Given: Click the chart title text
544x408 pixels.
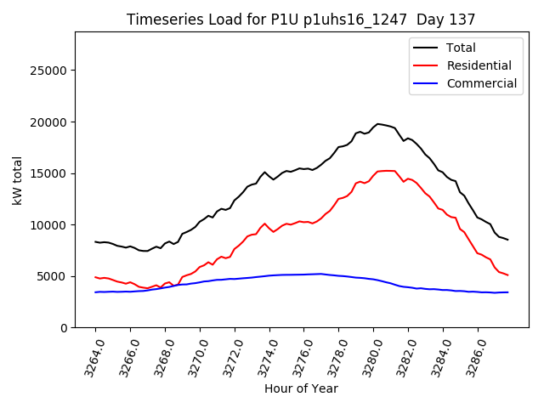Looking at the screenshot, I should (x=301, y=19).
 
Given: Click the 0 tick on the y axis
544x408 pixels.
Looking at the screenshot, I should (x=65, y=328).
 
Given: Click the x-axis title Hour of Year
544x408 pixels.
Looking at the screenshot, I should (x=301, y=389).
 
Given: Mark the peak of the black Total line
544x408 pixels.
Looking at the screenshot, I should (x=378, y=124).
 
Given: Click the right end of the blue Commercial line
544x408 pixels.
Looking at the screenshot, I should (x=507, y=292).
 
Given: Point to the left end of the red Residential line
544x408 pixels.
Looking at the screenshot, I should (x=95, y=277).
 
